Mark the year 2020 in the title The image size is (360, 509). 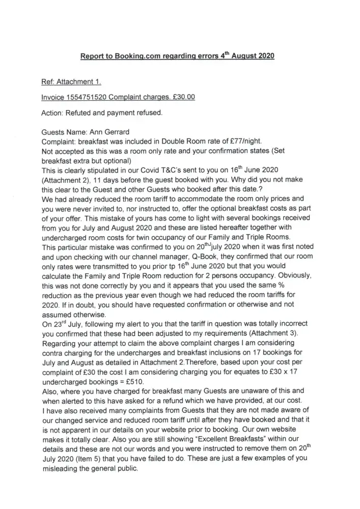(263, 56)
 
